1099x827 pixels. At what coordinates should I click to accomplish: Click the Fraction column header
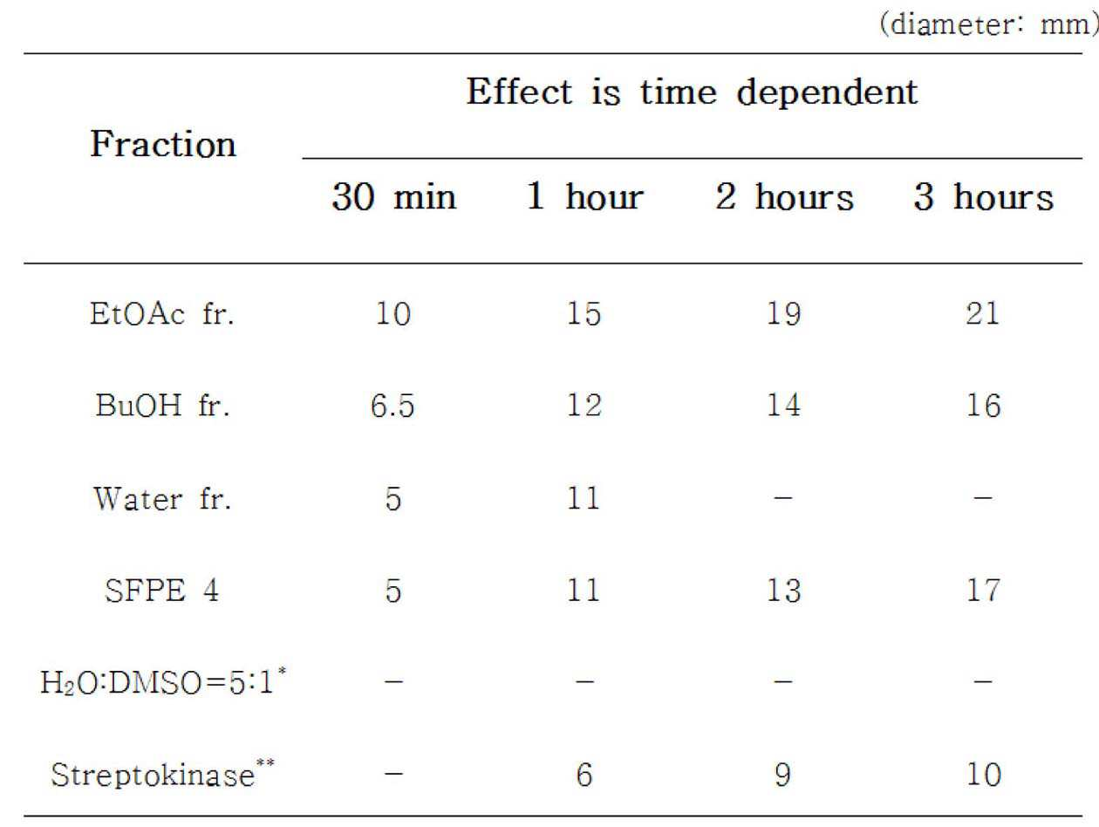tap(163, 144)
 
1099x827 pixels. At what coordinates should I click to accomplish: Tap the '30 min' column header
tap(394, 196)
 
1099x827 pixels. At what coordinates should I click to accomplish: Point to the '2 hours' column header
tap(784, 196)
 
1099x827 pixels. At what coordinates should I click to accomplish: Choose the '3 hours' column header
tap(983, 196)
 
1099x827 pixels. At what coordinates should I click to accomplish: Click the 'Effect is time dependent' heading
tap(692, 92)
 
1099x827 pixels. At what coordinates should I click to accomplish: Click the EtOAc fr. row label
tap(162, 314)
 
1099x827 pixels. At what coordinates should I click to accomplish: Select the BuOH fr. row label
tap(163, 405)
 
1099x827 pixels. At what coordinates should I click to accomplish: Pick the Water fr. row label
tap(162, 499)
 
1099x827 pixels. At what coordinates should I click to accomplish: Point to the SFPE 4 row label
tap(161, 591)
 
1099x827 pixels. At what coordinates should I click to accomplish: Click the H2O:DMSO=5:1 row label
tap(163, 680)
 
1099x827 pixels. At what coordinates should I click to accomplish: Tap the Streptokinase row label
tap(162, 774)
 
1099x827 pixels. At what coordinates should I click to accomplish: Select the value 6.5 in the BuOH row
tap(392, 406)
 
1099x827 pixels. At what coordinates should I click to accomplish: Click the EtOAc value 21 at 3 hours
tap(982, 314)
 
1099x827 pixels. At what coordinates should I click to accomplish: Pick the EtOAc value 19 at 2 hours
tap(783, 314)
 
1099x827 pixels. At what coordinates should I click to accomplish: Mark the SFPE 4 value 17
tap(983, 591)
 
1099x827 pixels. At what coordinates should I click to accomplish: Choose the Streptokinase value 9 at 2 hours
tap(783, 775)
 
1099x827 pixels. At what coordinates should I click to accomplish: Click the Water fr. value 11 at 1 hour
tap(584, 499)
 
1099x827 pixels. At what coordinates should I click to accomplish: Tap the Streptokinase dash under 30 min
tap(393, 774)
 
